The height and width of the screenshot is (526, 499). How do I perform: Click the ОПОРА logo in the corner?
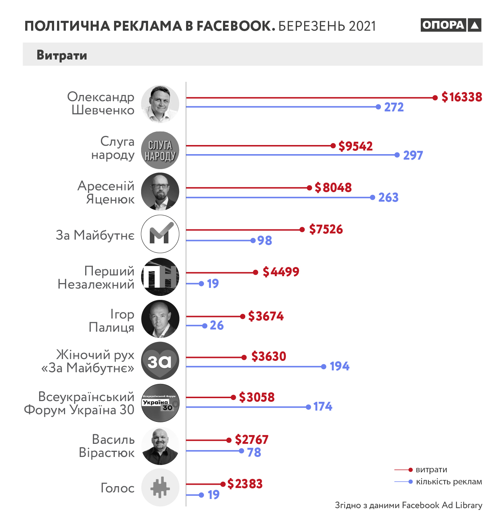tap(451, 25)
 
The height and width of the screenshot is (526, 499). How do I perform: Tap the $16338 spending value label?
tap(462, 97)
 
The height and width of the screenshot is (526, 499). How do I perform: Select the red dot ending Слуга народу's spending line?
tap(333, 146)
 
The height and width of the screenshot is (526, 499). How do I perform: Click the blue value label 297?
tap(413, 156)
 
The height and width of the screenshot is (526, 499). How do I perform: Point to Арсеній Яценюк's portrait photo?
tap(160, 192)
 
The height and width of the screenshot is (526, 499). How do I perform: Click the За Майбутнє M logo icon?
tap(160, 234)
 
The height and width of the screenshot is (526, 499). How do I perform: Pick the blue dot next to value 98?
tap(253, 240)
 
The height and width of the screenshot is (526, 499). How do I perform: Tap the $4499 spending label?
tap(281, 272)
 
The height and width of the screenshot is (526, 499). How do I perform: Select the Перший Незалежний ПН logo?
tap(160, 277)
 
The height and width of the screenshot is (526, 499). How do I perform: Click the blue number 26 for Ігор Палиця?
tap(216, 325)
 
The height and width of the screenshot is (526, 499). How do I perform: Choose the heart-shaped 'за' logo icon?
tap(160, 361)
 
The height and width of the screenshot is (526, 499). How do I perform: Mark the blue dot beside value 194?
tap(324, 366)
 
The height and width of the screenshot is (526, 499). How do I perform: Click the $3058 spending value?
tap(257, 397)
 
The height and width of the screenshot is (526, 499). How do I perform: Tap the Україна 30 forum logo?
tap(160, 403)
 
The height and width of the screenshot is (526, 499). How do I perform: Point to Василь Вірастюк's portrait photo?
tap(160, 446)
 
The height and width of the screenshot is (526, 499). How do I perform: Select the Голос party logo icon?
tap(160, 487)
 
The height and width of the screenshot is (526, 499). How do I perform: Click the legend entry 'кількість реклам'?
tap(449, 482)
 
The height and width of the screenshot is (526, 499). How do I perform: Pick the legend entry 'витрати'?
tap(431, 470)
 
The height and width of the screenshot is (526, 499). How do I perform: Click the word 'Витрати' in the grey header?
tap(62, 55)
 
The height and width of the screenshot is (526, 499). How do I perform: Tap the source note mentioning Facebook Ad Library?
tap(408, 505)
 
